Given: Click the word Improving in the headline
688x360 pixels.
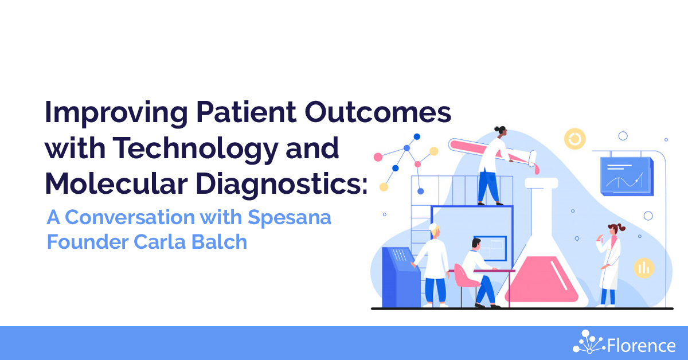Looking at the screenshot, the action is pos(116,113).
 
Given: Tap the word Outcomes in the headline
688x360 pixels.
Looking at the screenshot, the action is pos(378,112).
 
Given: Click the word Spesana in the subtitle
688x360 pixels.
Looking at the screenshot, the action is pos(290,217).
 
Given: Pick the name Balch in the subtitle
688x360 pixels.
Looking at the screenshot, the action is pos(219,242).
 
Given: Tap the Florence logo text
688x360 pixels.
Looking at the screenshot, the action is pos(642,346).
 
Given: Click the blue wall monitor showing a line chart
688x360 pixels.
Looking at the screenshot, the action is pos(627,177).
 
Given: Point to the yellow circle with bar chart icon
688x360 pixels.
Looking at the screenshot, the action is pos(644,268).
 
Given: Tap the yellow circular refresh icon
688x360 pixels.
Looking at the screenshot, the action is pos(574,139).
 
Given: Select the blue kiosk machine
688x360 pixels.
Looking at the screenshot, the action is pos(400,277).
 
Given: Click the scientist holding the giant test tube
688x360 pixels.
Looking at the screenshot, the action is pos(493,166).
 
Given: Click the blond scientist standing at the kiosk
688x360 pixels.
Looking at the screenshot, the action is pos(433,265).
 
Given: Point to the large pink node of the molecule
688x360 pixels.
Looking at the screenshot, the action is pos(378,157).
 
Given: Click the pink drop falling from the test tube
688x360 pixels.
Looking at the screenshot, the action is pos(536,169).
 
